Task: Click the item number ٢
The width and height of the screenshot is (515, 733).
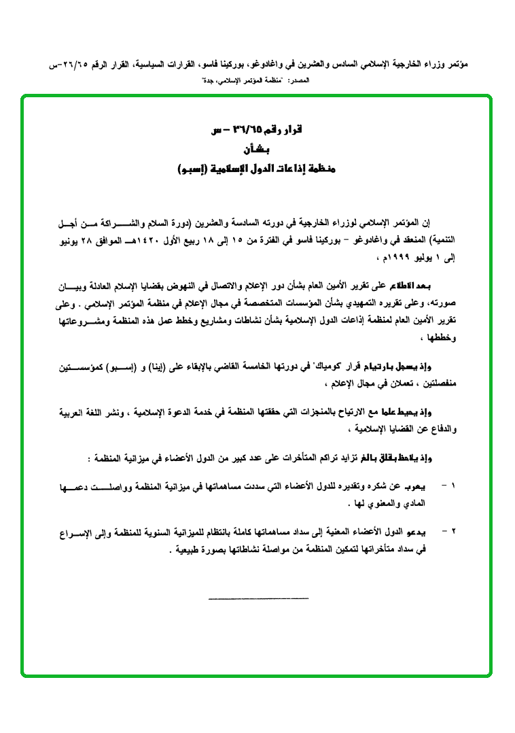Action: pos(454,531)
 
